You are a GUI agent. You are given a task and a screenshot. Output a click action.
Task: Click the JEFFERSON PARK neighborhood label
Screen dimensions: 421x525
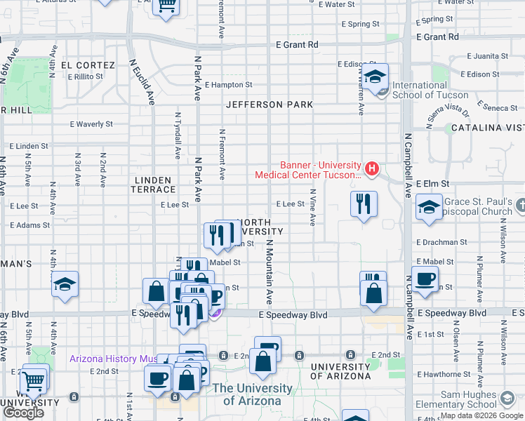point(270,105)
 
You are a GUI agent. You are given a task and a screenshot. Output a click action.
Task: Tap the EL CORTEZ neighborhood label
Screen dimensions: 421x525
point(88,65)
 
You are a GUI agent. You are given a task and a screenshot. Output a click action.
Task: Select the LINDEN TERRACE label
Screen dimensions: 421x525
point(154,185)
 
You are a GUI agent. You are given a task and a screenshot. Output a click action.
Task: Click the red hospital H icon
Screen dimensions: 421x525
point(372,168)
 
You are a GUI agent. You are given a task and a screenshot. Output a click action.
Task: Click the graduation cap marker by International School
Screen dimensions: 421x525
point(376,77)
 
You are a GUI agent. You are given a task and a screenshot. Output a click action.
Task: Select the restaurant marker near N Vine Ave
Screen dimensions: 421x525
point(364,204)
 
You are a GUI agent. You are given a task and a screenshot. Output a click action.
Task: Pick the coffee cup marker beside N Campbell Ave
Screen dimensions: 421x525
point(425,279)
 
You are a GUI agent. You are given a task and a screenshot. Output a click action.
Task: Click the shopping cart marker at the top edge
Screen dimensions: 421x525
point(166,6)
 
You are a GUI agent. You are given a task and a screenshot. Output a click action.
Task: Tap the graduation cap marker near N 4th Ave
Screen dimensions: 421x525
point(65,285)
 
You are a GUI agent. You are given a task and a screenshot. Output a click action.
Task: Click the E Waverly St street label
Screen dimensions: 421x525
point(91,124)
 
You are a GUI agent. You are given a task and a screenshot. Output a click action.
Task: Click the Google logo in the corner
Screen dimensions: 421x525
point(23,413)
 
